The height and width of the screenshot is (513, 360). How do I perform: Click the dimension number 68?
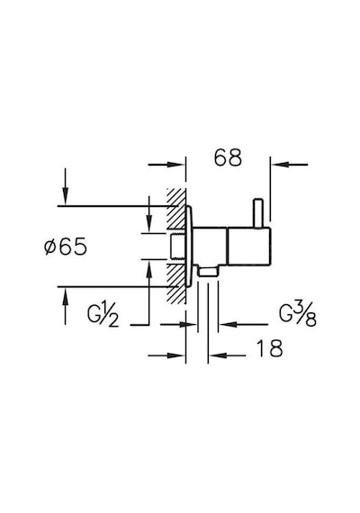pos(228,157)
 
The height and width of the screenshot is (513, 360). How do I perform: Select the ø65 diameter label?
pos(66,247)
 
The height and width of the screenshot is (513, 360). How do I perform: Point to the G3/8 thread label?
pos(298,315)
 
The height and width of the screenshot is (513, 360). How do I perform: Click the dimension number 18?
pos(269,348)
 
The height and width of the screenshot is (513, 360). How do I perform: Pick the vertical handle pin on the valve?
pos(258,212)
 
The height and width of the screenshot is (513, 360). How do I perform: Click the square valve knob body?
pos(248,246)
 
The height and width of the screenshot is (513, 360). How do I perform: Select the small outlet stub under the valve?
pos(208,273)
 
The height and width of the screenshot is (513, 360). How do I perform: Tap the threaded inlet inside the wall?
pos(177,247)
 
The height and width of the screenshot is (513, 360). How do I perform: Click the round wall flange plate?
pos(189,247)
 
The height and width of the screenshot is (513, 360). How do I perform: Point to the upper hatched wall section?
pos(176,209)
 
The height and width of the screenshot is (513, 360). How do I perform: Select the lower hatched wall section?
pos(176,283)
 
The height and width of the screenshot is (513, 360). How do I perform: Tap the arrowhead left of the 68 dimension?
pos(176,164)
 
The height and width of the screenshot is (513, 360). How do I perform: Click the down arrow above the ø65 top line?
pos(66,196)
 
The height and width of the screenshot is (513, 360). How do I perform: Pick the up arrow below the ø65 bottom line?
pos(66,296)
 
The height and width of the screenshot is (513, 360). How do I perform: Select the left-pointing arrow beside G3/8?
pos(229,325)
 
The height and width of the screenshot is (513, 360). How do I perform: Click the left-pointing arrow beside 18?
pos(217,355)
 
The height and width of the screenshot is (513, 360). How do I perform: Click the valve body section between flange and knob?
pos(210,246)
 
